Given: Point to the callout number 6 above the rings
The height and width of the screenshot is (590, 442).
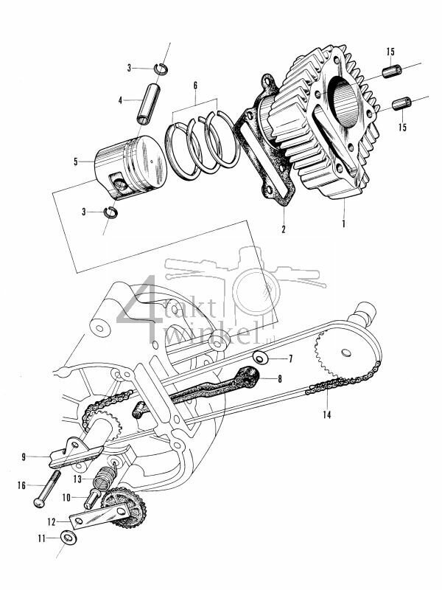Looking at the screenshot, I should click(x=194, y=86).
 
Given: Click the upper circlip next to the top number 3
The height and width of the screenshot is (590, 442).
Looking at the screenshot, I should click(x=161, y=69).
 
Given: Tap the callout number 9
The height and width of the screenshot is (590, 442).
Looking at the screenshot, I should click(x=24, y=457).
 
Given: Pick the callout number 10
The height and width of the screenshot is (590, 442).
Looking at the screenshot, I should click(x=66, y=498).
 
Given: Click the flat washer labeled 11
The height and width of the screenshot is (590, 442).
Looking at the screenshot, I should click(x=68, y=538).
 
